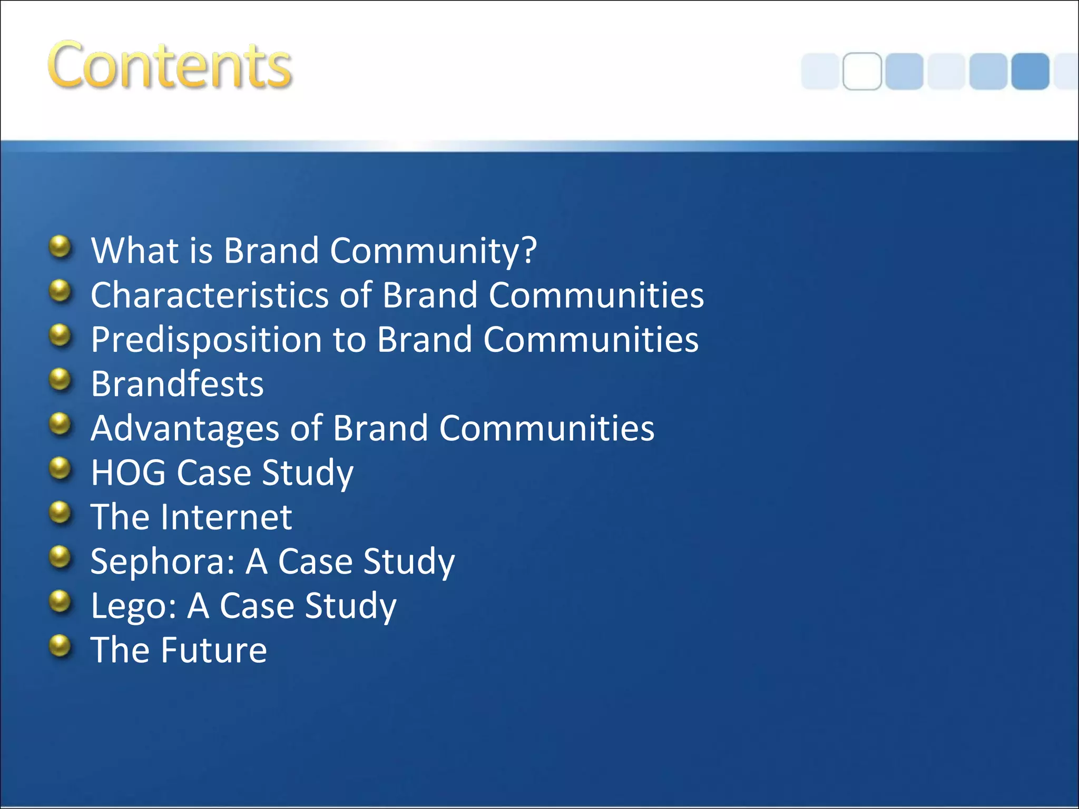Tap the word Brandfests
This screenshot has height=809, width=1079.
177,384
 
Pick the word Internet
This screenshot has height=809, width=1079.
227,517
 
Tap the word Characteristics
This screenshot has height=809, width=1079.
210,295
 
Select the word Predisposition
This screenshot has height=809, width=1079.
206,340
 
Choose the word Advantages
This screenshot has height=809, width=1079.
185,428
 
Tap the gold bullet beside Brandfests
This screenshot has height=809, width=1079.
60,380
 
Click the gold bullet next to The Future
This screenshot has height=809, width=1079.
60,646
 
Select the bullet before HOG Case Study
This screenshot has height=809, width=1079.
60,468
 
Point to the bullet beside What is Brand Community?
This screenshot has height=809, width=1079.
60,246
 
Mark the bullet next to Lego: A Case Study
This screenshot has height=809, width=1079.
60,601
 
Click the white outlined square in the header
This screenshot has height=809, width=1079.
862,71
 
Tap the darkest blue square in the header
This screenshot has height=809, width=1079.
1030,71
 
